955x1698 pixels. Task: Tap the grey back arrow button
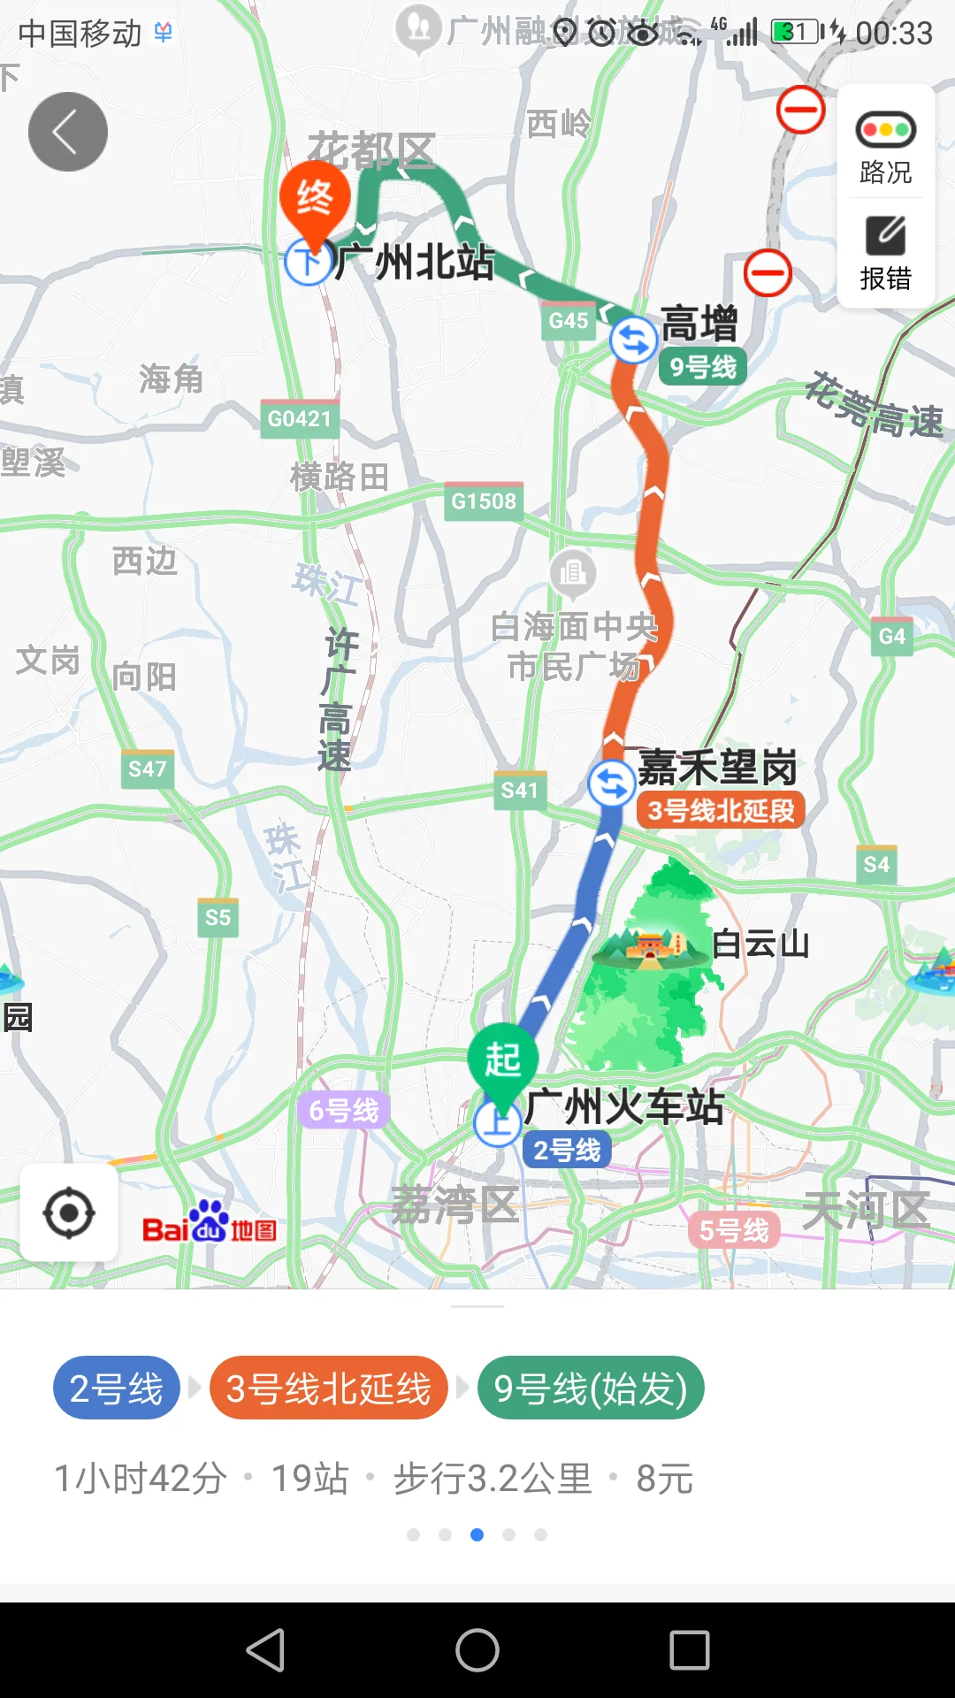click(68, 132)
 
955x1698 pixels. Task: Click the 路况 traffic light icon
click(885, 130)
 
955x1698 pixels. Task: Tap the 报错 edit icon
click(885, 235)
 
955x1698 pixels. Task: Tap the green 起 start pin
click(502, 1059)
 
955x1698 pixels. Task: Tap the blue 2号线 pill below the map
click(117, 1388)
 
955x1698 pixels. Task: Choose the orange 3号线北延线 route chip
click(329, 1388)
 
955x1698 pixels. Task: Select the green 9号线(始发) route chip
click(591, 1388)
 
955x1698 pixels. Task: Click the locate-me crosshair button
click(69, 1213)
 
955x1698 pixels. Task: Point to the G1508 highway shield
click(484, 501)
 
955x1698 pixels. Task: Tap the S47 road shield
click(147, 769)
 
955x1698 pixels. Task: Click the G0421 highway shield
click(300, 418)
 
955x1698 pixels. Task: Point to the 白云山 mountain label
click(760, 945)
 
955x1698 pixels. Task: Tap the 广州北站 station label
click(414, 262)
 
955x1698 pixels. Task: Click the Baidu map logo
click(210, 1224)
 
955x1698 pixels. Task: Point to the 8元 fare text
click(665, 1479)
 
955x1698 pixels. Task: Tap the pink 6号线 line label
click(344, 1110)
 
